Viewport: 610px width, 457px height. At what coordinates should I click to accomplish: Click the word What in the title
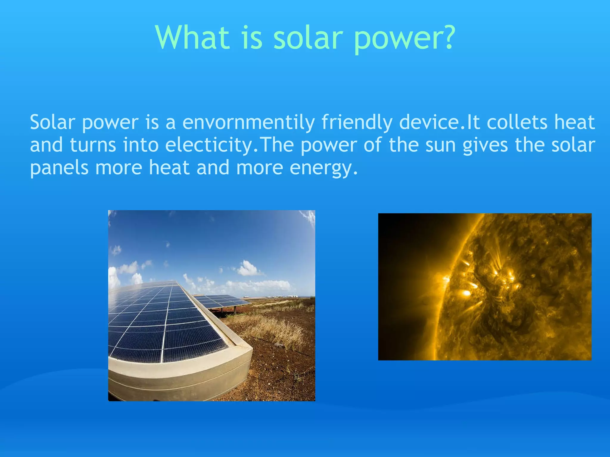coord(192,37)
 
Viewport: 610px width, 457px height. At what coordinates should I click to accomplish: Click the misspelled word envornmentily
coord(248,123)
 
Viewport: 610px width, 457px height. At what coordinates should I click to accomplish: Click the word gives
coord(485,145)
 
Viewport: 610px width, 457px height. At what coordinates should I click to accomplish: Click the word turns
coord(93,145)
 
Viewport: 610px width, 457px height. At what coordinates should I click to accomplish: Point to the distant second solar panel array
coord(220,301)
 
